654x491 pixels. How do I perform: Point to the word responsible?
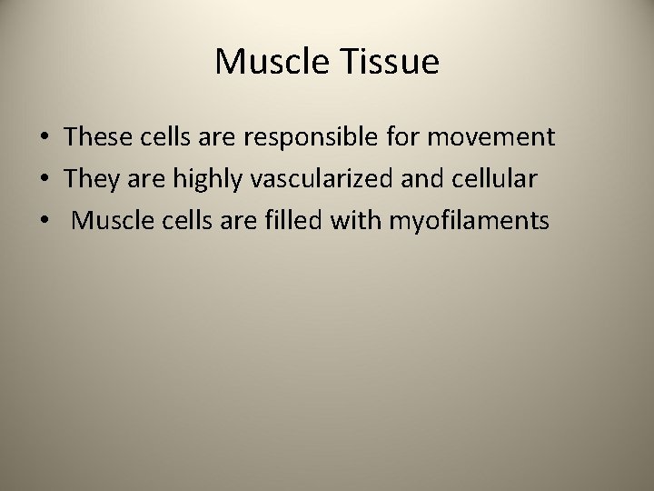(292, 137)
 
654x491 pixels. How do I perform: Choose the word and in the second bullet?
(417, 179)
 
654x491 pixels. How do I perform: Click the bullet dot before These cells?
(44, 138)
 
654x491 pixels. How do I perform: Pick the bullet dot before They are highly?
(44, 180)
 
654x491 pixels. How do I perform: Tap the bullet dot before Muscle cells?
(44, 222)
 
